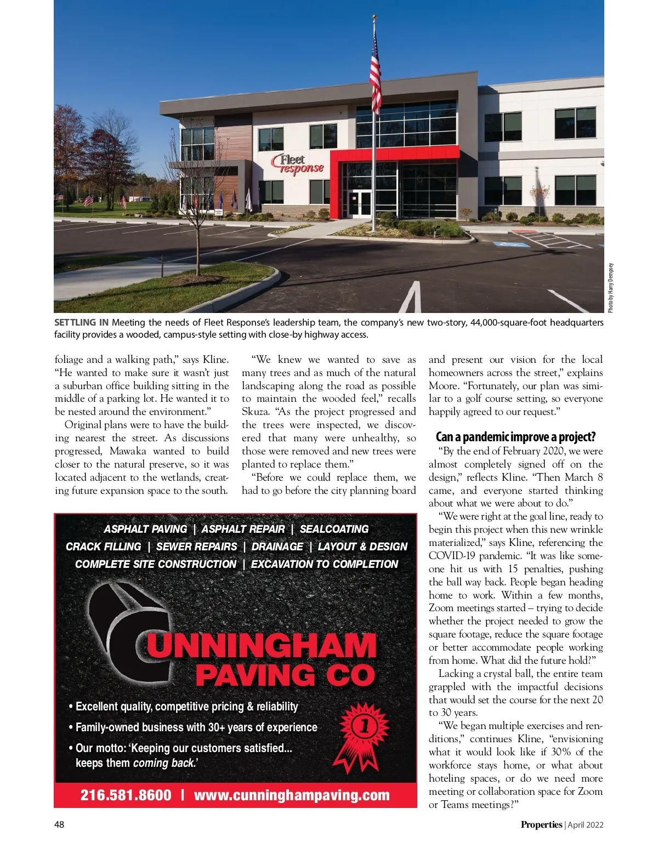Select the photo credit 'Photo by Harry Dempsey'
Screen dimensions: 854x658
611,288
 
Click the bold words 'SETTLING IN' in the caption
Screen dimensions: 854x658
81,322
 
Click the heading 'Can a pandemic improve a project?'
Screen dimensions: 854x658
515,437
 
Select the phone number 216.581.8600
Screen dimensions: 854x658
126,795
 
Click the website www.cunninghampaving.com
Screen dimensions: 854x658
292,795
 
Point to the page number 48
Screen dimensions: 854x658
59,824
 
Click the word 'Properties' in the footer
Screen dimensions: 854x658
541,824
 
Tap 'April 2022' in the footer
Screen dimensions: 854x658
586,824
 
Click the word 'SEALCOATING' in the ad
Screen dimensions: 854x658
334,529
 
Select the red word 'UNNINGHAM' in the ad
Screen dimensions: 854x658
262,646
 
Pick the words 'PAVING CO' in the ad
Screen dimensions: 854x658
285,675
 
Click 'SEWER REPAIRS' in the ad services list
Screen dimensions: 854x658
196,546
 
